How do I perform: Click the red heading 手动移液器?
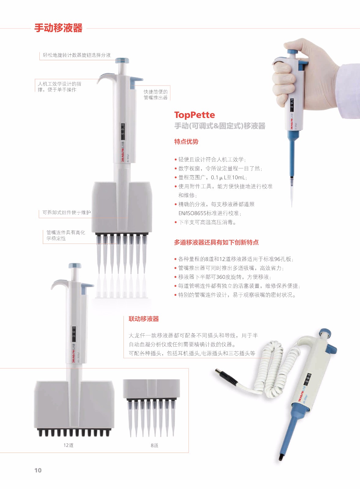[58, 28]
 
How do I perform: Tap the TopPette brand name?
[195, 115]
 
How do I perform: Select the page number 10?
[38, 470]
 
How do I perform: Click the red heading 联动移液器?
[144, 319]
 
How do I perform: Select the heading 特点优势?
[186, 142]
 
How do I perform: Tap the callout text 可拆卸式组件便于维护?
[67, 212]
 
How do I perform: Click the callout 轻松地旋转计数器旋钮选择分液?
[77, 55]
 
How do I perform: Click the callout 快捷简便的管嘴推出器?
[156, 94]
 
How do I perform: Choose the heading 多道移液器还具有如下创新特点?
[216, 242]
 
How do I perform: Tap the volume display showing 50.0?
[123, 131]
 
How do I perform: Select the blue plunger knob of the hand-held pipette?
[293, 52]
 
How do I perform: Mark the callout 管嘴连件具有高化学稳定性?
[66, 235]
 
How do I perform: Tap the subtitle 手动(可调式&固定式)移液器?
[220, 126]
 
